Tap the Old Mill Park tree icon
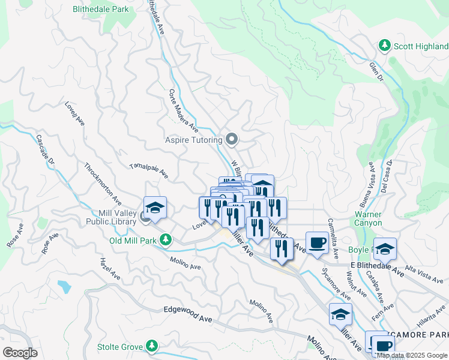166,241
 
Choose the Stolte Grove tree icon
152,346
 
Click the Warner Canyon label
368,218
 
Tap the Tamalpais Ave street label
149,171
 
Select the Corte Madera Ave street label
184,109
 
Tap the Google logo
20,353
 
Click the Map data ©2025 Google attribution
412,355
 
